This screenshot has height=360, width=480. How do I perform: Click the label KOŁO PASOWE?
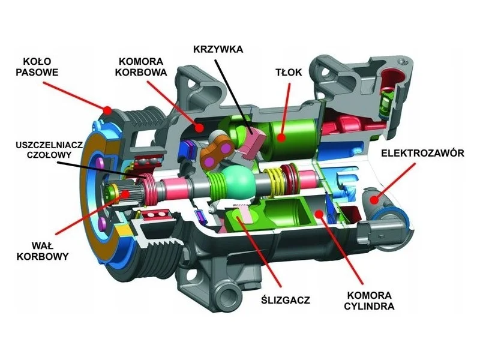(37, 67)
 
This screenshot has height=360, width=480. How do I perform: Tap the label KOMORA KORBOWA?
(140, 67)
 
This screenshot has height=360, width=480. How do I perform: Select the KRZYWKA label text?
(218, 49)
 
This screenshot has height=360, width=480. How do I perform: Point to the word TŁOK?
(289, 72)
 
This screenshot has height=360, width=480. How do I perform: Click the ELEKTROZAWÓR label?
(422, 153)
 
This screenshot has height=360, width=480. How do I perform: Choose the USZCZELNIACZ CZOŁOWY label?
(49, 149)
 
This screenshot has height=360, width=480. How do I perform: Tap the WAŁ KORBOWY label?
(42, 250)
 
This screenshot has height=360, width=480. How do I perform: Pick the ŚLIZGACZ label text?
(286, 299)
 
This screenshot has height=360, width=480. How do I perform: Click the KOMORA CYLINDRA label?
(369, 301)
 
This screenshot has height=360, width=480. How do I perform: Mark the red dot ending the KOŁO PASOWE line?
(107, 110)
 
